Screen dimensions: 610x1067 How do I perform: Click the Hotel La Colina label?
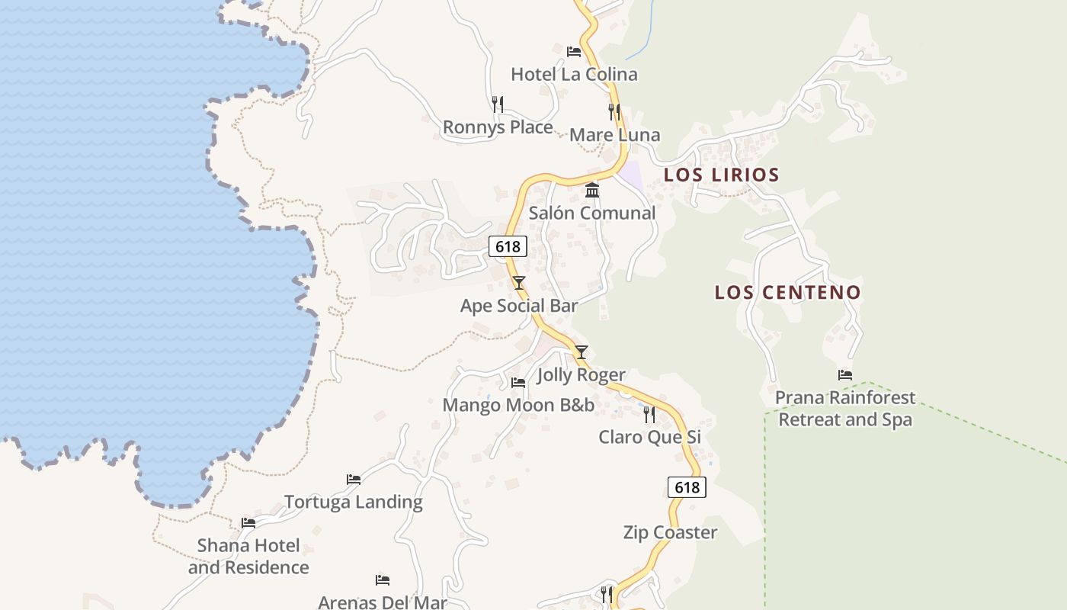click(574, 74)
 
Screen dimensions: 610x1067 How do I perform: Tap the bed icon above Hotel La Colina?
click(574, 52)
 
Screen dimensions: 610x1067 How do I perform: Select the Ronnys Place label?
click(498, 127)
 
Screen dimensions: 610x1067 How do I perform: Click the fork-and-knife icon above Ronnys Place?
click(497, 104)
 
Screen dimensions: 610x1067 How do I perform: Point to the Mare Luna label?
click(614, 135)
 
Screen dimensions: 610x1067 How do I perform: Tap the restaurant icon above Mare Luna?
click(614, 112)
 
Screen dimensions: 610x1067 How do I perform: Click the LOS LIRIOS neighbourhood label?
click(721, 175)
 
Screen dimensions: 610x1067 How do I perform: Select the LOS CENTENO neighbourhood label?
click(787, 292)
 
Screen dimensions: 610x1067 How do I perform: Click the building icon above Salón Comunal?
click(592, 190)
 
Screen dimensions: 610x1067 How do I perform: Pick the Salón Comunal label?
click(592, 213)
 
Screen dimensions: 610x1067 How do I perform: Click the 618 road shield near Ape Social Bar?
click(508, 246)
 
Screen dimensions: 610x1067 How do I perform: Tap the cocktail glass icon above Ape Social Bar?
click(519, 283)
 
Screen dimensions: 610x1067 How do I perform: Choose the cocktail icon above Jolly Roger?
click(582, 352)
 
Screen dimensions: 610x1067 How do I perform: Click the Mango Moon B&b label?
click(518, 405)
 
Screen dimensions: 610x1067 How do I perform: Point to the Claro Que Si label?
click(649, 437)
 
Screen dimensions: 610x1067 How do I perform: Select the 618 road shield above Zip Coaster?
click(687, 487)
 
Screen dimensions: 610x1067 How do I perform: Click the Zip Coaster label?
click(670, 532)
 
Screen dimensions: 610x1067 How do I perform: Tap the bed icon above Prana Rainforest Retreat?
click(844, 374)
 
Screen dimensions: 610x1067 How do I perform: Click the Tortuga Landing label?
click(354, 502)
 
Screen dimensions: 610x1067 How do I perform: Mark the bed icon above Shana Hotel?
click(248, 523)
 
